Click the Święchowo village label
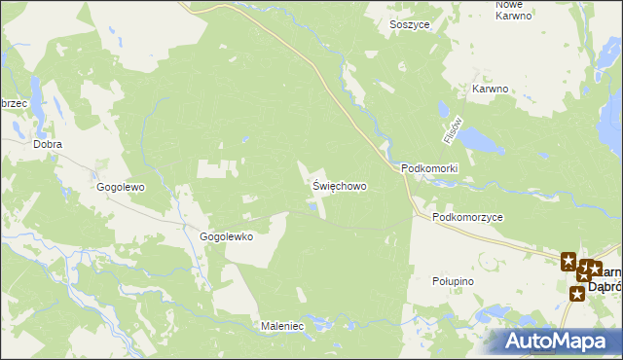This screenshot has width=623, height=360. click(340, 184)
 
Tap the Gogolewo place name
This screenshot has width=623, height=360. click(121, 186)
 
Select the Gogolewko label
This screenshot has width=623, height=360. click(226, 236)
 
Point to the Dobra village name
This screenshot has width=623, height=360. click(48, 144)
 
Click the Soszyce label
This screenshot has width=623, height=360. click(409, 24)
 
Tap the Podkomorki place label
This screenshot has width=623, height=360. click(429, 168)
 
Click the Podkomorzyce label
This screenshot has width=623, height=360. click(468, 218)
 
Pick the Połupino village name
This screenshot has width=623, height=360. click(452, 280)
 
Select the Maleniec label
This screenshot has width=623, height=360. click(282, 326)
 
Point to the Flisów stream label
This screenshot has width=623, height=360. click(451, 130)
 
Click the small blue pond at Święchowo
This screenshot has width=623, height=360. click(312, 204)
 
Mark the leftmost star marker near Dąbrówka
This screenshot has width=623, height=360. click(568, 260)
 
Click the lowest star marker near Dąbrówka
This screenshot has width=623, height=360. click(577, 293)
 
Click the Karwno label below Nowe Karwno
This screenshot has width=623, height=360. click(491, 89)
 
